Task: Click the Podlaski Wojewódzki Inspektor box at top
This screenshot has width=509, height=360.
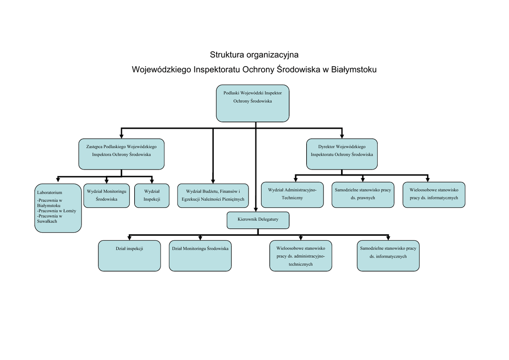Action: (x=253, y=103)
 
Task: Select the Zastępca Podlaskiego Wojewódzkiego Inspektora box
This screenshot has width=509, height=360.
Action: (x=121, y=154)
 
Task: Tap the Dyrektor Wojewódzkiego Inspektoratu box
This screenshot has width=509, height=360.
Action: (x=341, y=154)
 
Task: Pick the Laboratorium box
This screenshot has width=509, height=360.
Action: (x=58, y=208)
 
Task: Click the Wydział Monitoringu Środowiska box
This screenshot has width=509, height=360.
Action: (x=106, y=195)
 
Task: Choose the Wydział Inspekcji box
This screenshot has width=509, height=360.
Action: (x=152, y=195)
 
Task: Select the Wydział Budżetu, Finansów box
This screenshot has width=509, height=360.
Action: (x=213, y=195)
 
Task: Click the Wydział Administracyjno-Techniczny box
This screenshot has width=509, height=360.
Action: (x=292, y=194)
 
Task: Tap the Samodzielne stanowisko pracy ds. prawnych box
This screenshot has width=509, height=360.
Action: (x=362, y=194)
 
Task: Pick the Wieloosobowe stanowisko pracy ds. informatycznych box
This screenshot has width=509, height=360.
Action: (x=434, y=194)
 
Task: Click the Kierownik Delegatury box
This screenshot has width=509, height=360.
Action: (x=258, y=220)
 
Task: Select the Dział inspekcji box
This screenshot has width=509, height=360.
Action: (x=129, y=256)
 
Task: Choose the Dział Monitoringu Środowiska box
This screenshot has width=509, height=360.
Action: (x=200, y=256)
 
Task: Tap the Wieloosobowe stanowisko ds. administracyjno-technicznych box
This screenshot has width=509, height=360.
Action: (x=301, y=256)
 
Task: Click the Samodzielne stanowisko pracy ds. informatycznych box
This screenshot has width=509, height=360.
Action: (x=388, y=256)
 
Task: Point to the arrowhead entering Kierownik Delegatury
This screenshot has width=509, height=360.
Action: (x=255, y=209)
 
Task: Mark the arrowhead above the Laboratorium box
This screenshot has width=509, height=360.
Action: (x=58, y=180)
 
